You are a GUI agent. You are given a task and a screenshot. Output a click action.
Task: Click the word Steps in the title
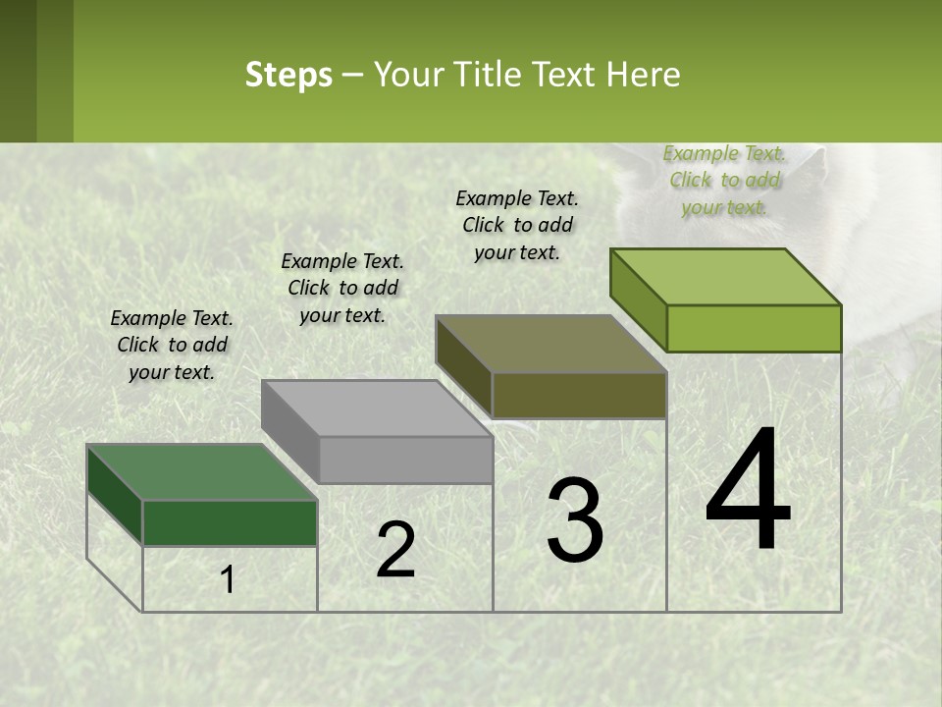click(x=288, y=75)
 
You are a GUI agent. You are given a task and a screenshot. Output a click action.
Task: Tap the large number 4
click(x=748, y=491)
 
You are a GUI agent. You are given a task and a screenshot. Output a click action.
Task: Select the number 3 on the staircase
click(x=575, y=520)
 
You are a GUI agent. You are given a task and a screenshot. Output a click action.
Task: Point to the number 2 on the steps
click(x=395, y=550)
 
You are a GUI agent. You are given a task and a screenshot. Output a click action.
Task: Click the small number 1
click(x=228, y=580)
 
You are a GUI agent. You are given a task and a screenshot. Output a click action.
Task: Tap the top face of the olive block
click(x=550, y=344)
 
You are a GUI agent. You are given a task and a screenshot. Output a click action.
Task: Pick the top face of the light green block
click(x=726, y=277)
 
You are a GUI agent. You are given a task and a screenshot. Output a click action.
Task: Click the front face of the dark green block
click(x=230, y=522)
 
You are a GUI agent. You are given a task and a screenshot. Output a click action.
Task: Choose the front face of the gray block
click(x=405, y=460)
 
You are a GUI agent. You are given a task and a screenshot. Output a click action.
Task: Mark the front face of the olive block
click(x=579, y=395)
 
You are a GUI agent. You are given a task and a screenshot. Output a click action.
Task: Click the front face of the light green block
click(x=754, y=328)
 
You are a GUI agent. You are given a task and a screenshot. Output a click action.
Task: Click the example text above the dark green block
click(x=172, y=345)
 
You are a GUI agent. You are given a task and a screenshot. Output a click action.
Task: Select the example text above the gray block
click(x=342, y=288)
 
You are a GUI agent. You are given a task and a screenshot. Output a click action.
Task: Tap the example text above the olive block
click(x=517, y=225)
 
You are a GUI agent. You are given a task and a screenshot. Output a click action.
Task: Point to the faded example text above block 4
click(x=724, y=180)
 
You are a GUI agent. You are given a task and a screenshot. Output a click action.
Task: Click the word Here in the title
click(x=645, y=75)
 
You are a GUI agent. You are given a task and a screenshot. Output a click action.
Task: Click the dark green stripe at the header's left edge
click(x=18, y=71)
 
